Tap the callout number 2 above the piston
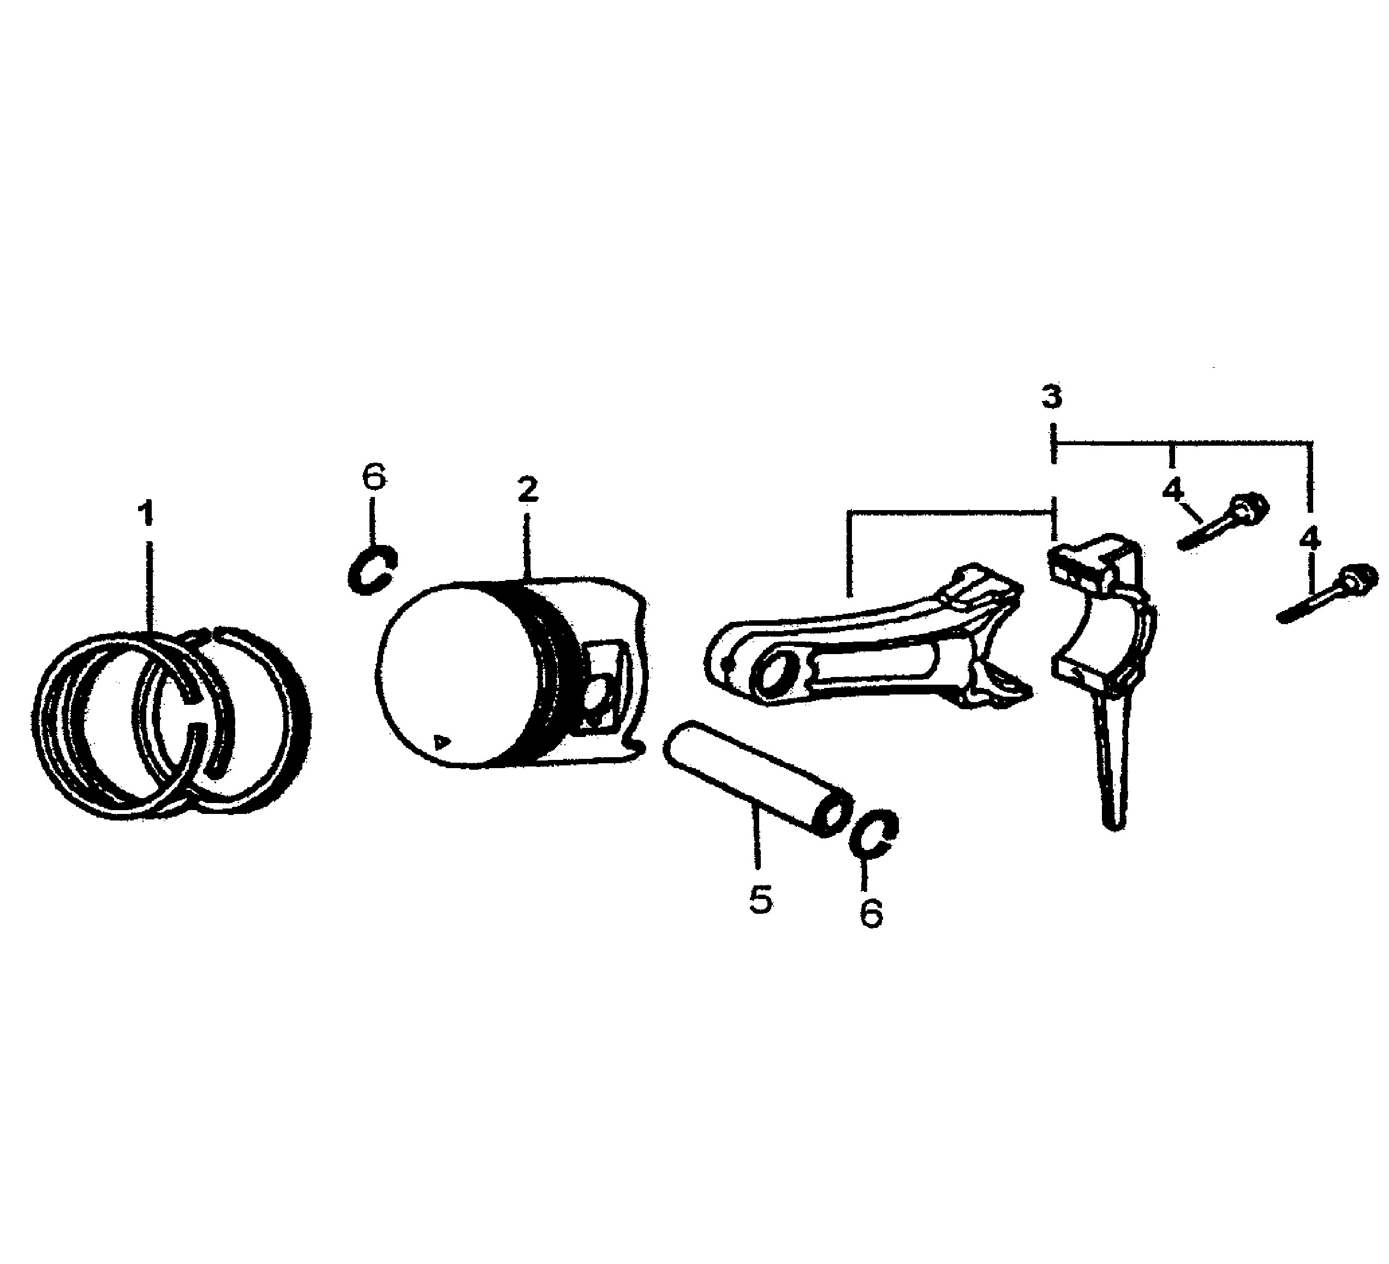click(527, 490)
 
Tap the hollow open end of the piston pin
click(831, 816)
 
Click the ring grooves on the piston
click(551, 661)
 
